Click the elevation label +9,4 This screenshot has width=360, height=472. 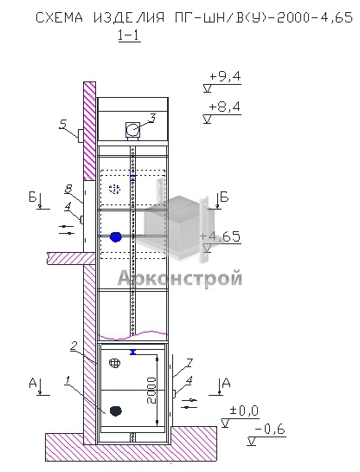click(225, 77)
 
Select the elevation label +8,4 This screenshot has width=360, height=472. click(225, 107)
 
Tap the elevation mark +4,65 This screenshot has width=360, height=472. click(221, 236)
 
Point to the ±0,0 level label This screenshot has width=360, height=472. click(244, 411)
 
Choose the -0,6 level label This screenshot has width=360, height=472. click(270, 430)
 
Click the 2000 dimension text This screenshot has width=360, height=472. click(151, 391)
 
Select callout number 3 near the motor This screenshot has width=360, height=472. click(152, 119)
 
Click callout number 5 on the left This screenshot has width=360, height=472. click(63, 125)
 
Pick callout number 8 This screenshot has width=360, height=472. click(69, 190)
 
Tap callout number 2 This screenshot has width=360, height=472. click(74, 346)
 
